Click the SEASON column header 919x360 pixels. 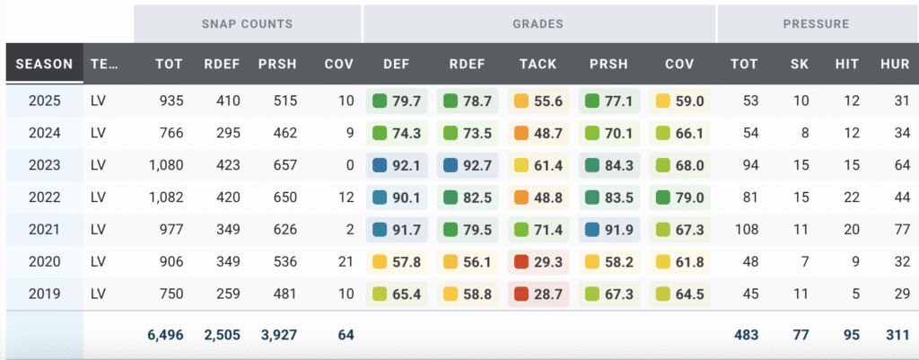[44, 64]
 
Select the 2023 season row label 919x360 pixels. [44, 165]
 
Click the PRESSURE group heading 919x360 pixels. [816, 23]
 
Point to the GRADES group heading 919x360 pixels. [538, 23]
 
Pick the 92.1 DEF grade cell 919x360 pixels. [398, 165]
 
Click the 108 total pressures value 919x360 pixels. [746, 230]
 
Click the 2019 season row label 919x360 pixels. [44, 294]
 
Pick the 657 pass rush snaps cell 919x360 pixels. [280, 165]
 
